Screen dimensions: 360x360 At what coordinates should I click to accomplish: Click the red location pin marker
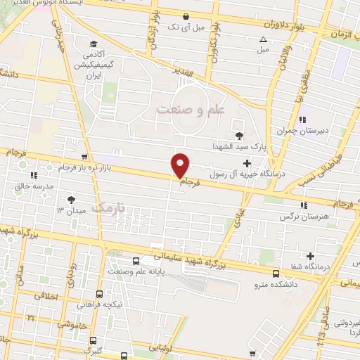[181, 166]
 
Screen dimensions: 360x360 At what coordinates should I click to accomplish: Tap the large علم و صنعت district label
[189, 110]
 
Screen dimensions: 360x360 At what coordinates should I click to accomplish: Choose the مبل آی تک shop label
[184, 26]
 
